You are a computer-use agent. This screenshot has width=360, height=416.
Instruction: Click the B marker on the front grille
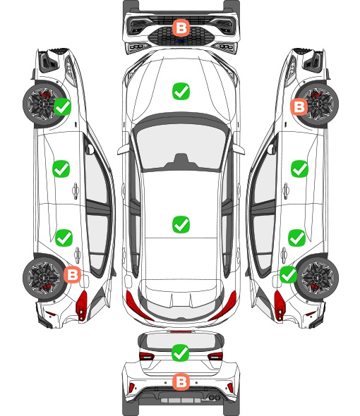pos(181,27)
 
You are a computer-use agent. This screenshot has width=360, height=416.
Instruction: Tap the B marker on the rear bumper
pos(181,382)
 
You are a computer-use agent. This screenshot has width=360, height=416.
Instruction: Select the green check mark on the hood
pos(181,91)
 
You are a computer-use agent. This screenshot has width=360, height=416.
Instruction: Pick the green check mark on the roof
pos(181,224)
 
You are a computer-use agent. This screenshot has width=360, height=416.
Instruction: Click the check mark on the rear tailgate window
pos(181,353)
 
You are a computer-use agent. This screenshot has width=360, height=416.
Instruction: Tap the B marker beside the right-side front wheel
pos(299,107)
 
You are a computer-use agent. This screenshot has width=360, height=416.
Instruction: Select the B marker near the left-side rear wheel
pos(72,274)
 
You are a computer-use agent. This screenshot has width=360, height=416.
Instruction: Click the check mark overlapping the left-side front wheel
pos(62,106)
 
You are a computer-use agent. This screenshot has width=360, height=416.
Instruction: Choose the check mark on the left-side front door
pos(61,169)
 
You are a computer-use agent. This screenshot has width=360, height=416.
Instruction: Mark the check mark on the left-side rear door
pos(64,238)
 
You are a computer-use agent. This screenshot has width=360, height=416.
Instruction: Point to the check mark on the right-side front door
pos(300,169)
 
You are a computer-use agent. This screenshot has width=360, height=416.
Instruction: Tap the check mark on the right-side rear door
pos(297,238)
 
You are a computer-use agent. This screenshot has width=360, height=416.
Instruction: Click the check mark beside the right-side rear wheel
pos(289,274)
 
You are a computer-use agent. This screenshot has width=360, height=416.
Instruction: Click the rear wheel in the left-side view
pos(44,278)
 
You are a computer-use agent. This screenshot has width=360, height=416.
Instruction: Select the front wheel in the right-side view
pos(318,104)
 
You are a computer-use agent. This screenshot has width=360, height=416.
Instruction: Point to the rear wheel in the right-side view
pos(318,278)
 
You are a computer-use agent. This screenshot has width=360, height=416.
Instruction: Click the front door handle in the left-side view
pos(76,190)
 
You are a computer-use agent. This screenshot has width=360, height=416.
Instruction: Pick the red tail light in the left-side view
pos(82,305)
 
